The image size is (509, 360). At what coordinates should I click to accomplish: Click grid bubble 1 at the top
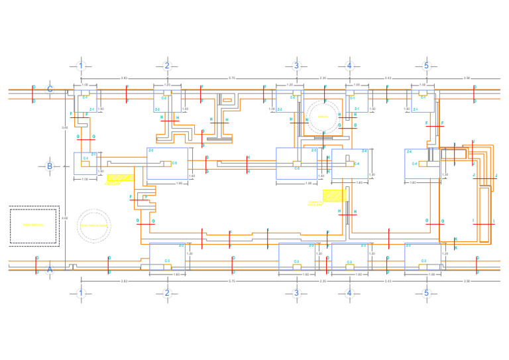point(81,66)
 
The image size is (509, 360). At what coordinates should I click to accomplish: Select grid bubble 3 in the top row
point(296,66)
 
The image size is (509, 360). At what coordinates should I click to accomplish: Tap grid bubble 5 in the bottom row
point(426,293)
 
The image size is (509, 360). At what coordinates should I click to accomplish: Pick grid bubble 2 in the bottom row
point(167,293)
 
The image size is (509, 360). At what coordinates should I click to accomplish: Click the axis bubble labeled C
point(49,90)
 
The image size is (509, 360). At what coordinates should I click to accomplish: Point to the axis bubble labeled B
point(49,166)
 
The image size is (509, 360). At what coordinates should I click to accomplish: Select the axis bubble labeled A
point(49,269)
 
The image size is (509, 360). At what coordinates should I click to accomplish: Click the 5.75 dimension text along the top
point(231,78)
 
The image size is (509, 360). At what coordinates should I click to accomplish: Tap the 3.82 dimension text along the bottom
point(124,282)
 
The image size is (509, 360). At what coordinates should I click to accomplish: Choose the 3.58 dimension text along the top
point(467,78)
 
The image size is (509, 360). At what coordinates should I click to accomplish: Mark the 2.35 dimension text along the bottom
point(323,282)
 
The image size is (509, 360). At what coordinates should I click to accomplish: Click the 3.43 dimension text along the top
point(388,78)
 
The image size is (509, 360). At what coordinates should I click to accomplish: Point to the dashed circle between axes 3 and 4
point(323,117)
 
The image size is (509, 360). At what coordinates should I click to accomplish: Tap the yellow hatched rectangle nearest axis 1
point(120,178)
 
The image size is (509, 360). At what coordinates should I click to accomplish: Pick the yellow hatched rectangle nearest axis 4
point(334,196)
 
